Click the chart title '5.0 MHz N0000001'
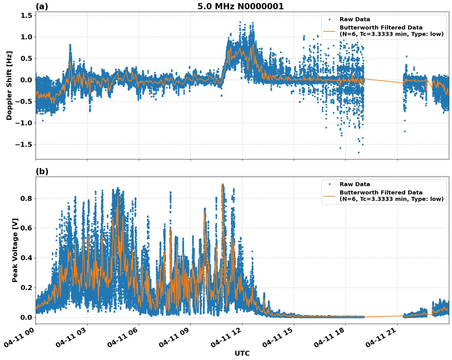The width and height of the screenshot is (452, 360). [240, 6]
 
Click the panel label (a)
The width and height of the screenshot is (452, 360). [42, 6]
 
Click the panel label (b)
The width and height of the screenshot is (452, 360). [42, 171]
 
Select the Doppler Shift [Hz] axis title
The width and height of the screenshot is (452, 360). [9, 85]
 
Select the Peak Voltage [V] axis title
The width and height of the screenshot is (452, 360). [15, 250]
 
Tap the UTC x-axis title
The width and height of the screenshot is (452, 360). [242, 353]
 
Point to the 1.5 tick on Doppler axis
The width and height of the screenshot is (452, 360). [26, 16]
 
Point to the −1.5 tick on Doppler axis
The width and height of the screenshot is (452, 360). [24, 144]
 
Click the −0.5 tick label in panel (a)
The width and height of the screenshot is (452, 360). [24, 102]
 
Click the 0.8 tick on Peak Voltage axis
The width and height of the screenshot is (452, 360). [26, 198]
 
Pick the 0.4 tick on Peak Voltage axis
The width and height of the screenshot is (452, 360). [26, 258]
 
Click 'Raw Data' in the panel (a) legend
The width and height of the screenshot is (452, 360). [355, 20]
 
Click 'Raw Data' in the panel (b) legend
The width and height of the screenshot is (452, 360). [355, 184]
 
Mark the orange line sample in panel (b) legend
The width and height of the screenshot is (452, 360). [329, 196]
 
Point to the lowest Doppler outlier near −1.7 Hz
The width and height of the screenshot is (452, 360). [359, 152]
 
